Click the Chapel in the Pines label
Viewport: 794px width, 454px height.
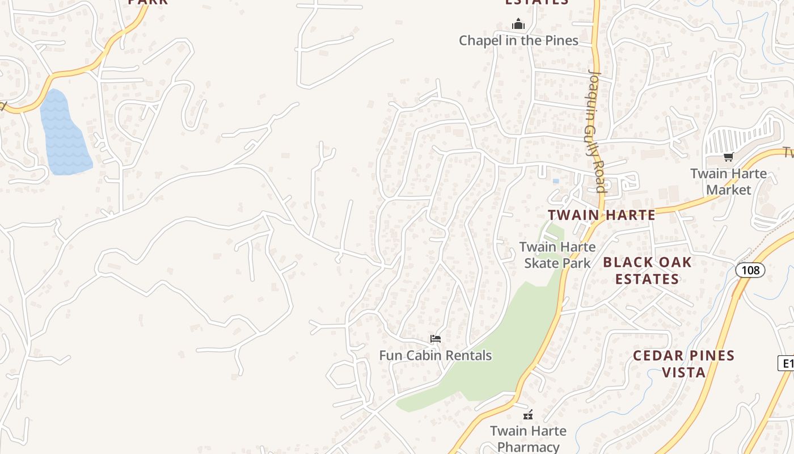click(518, 40)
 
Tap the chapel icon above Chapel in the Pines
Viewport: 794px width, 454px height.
click(518, 24)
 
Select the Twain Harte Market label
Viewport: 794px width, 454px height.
click(728, 182)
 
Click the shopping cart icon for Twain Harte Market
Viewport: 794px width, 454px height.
click(728, 157)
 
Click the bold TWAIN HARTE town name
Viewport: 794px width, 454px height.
click(602, 215)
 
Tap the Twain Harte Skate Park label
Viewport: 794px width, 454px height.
click(558, 255)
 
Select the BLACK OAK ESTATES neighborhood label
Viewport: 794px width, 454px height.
click(647, 270)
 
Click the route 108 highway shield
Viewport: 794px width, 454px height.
click(750, 270)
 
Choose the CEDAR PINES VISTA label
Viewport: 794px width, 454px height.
click(683, 364)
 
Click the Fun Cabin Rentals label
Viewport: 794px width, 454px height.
click(435, 355)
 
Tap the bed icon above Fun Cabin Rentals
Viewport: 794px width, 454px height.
click(435, 339)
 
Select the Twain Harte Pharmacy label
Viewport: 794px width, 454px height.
click(528, 439)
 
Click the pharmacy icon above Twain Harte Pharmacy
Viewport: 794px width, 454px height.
click(528, 415)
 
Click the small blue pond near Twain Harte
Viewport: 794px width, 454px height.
click(555, 181)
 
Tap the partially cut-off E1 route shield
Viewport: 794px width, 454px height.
click(786, 363)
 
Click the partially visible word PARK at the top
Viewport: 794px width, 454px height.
click(148, 2)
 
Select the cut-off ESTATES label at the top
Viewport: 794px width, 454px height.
click(537, 2)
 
